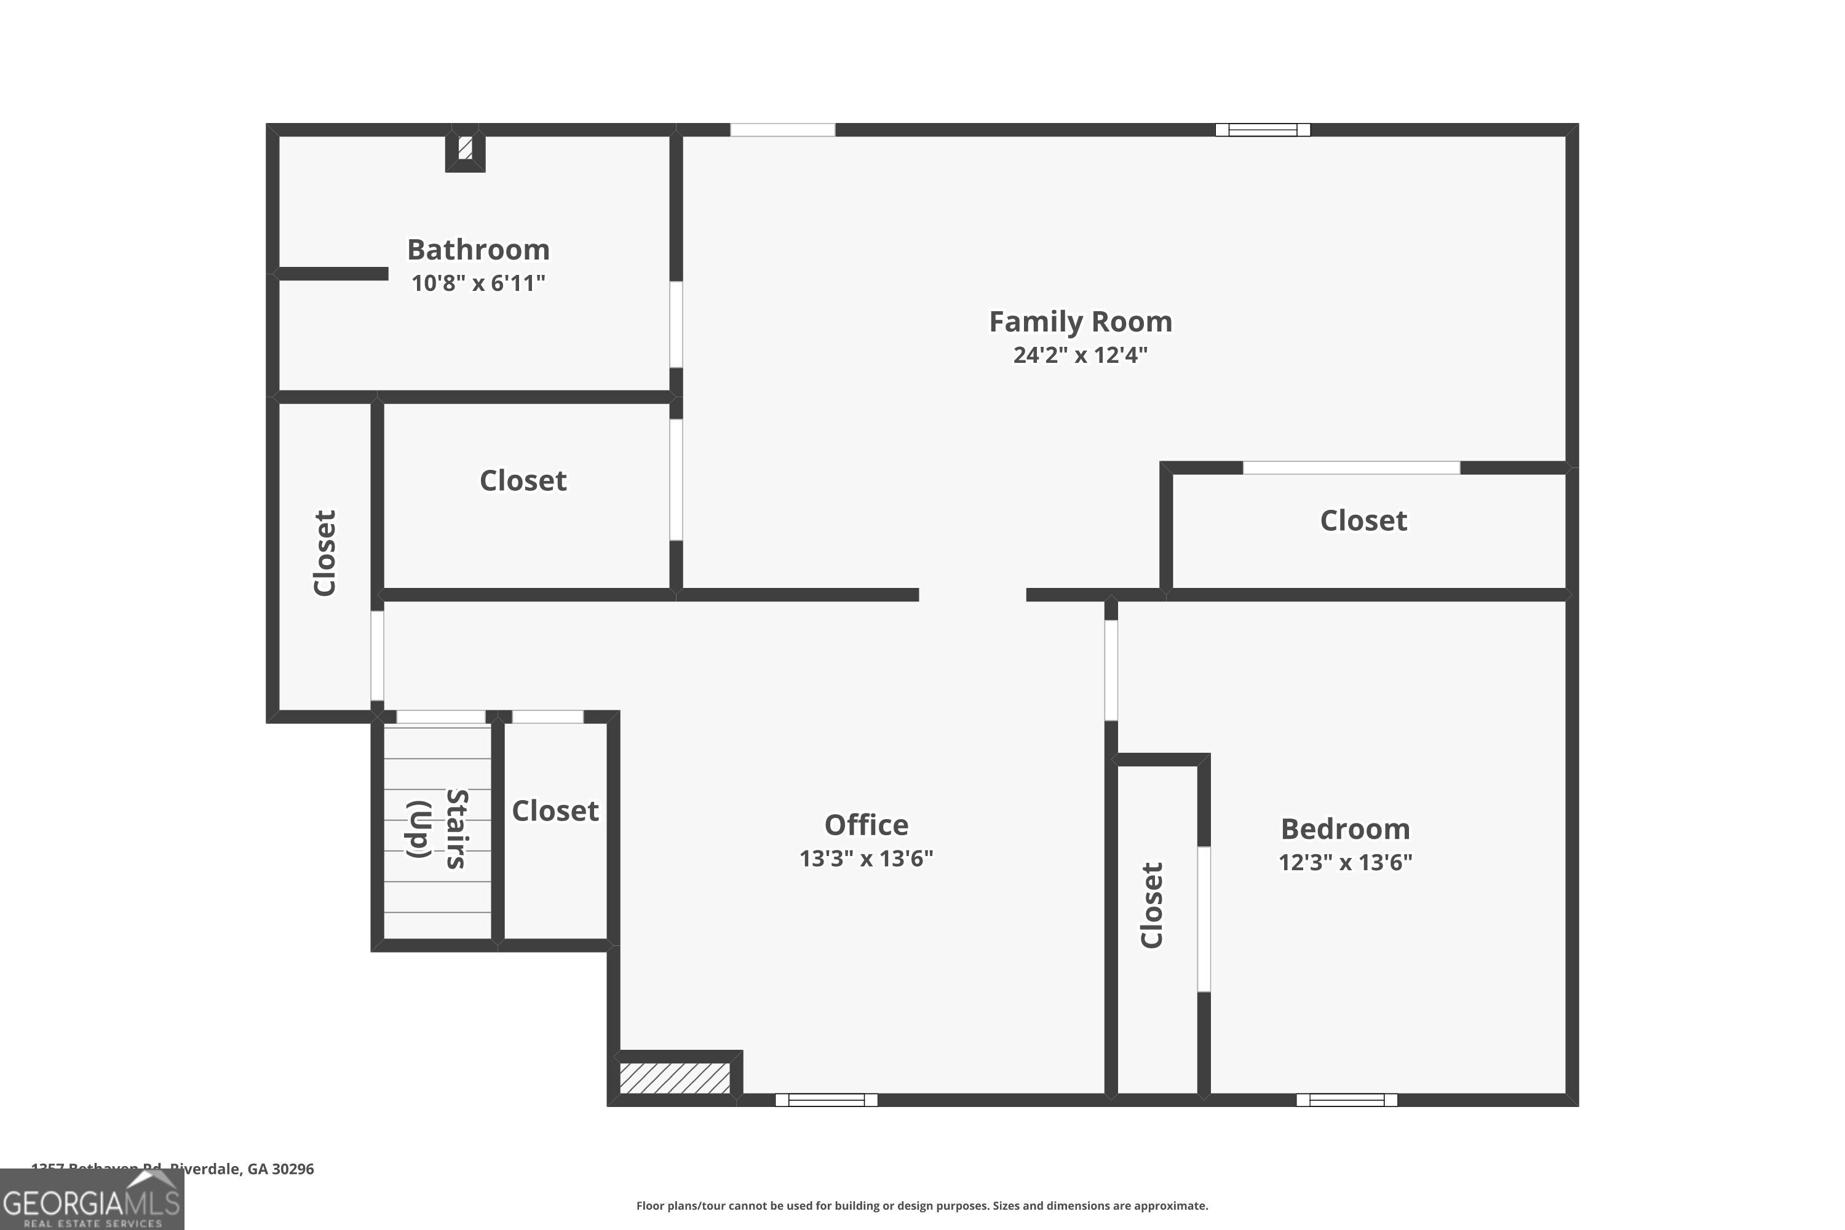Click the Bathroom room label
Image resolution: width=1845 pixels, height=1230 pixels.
478,250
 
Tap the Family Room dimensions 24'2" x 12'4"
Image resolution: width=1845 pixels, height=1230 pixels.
1079,355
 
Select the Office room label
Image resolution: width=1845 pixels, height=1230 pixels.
866,825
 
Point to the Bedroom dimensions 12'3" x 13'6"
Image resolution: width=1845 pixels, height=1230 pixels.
1344,863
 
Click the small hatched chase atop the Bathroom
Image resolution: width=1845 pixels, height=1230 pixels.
465,148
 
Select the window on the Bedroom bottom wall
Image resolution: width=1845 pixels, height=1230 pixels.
1346,1100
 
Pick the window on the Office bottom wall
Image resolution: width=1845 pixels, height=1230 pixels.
826,1100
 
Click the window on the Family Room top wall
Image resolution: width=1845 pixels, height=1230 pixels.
1262,129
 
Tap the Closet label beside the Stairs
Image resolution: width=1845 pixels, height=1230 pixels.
555,811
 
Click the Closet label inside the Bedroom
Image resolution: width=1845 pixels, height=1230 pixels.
1151,905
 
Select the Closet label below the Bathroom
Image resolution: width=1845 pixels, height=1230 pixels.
522,481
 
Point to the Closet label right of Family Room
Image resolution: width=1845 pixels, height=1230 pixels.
1363,521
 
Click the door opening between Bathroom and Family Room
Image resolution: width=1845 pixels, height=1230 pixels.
675,324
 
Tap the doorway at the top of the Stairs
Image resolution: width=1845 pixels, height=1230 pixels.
440,717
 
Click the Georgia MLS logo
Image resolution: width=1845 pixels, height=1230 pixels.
92,1200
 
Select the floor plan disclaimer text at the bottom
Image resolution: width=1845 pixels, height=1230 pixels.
922,1205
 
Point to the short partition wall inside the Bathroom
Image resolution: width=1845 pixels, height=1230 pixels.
333,274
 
